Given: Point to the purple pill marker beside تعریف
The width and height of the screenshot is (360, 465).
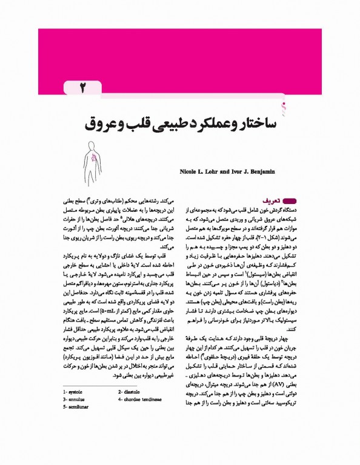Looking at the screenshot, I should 288,198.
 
